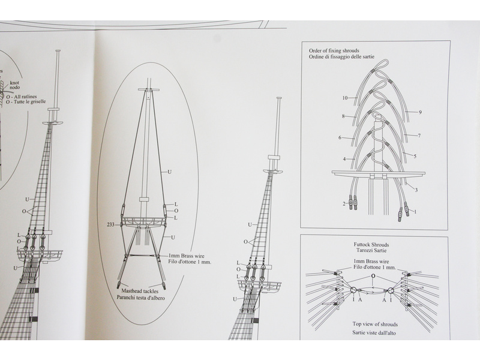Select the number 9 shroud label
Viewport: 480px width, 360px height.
coord(420,112)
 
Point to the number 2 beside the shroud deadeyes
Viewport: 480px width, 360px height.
coord(345,204)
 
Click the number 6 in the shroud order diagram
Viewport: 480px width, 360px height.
coord(340,137)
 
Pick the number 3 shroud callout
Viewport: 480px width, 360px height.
coord(416,190)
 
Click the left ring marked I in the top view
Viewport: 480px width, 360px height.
coord(353,292)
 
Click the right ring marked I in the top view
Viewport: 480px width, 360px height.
coord(391,292)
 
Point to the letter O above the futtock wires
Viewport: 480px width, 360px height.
coord(373,277)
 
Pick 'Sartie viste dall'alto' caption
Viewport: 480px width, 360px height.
coord(374,332)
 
